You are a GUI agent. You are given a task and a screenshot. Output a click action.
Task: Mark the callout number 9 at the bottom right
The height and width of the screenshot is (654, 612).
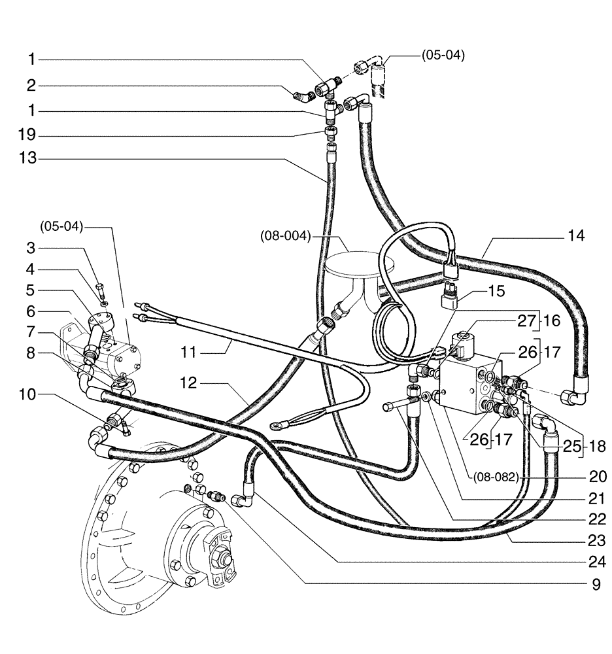[596, 585]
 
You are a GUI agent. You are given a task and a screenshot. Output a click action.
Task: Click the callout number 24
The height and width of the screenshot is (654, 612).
[596, 562]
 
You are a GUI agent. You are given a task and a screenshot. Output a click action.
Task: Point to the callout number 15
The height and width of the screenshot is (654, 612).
[497, 291]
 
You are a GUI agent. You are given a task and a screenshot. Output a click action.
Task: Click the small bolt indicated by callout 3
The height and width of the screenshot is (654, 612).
[100, 287]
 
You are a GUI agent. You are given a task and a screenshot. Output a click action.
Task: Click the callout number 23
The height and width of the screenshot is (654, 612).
[596, 542]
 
